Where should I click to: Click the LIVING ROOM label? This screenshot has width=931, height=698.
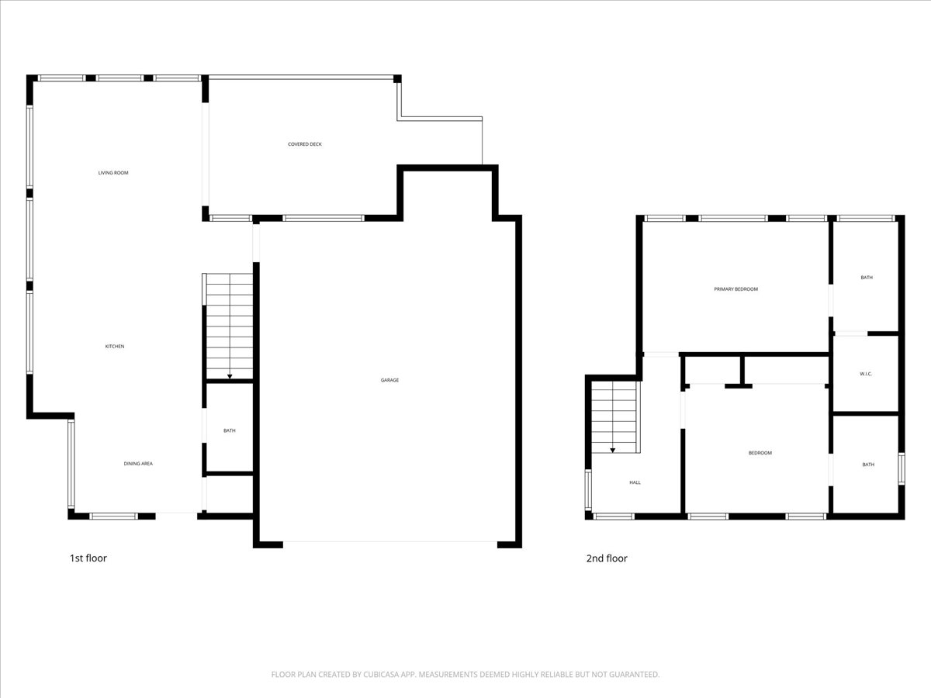(113, 173)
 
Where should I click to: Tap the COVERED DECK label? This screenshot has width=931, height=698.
(305, 144)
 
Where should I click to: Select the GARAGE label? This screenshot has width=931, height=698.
(389, 380)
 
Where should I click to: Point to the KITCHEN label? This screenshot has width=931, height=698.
(115, 347)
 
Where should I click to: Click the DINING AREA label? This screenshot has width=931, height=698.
(138, 464)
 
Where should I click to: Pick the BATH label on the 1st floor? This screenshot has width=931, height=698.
(230, 430)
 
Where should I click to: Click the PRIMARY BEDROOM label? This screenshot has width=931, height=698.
(735, 289)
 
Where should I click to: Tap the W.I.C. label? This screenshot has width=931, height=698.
(867, 375)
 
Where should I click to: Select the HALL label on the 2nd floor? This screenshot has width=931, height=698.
(635, 482)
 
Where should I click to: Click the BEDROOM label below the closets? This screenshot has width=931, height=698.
(760, 453)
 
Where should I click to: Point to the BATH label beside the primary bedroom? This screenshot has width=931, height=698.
(867, 277)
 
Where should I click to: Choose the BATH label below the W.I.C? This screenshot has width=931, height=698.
(868, 465)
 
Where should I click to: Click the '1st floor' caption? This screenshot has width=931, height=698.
(88, 558)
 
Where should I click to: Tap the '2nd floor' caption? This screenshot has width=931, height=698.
(607, 558)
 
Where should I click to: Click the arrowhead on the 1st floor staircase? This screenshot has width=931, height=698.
(230, 377)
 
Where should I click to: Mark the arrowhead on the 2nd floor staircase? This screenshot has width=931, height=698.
(613, 450)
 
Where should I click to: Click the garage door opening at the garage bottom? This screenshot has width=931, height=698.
(389, 542)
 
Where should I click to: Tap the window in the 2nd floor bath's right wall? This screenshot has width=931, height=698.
(902, 468)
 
